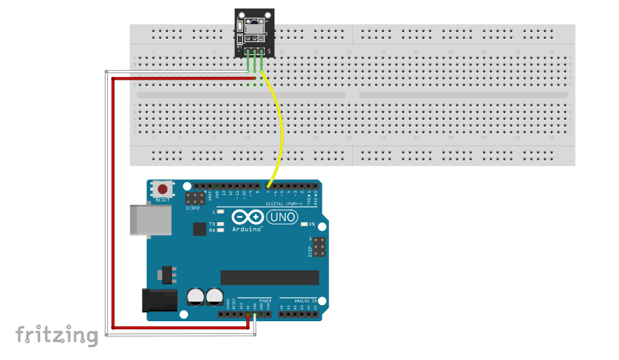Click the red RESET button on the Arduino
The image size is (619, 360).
pos(163,189)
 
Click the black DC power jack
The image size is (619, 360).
pos(159,300)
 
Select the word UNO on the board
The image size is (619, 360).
pos(282,217)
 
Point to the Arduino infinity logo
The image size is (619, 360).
pos(248,217)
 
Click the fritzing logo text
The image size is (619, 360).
pos(57,335)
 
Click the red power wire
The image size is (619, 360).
pos(112,201)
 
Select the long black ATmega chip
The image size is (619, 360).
pos(270,277)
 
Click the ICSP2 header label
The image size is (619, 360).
pos(194,208)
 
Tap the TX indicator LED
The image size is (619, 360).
pos(219,223)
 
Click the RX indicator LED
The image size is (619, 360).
pos(219,230)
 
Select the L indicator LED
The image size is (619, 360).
pos(219,211)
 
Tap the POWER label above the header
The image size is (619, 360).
pos(264,301)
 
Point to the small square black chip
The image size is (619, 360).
pos(199,230)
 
